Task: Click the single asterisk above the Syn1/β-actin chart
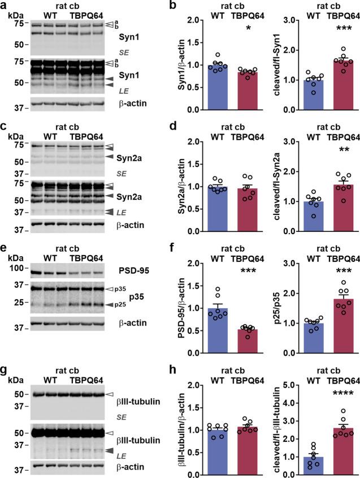244,27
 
